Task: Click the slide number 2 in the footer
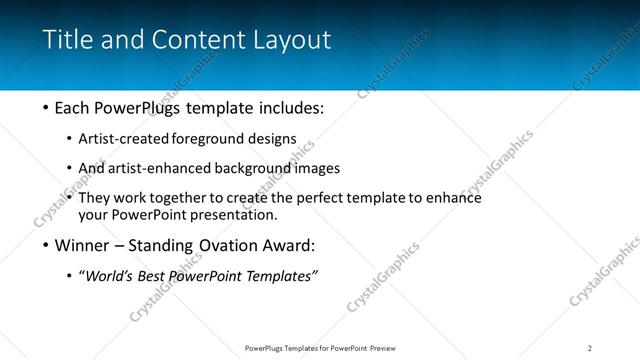(x=590, y=347)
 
